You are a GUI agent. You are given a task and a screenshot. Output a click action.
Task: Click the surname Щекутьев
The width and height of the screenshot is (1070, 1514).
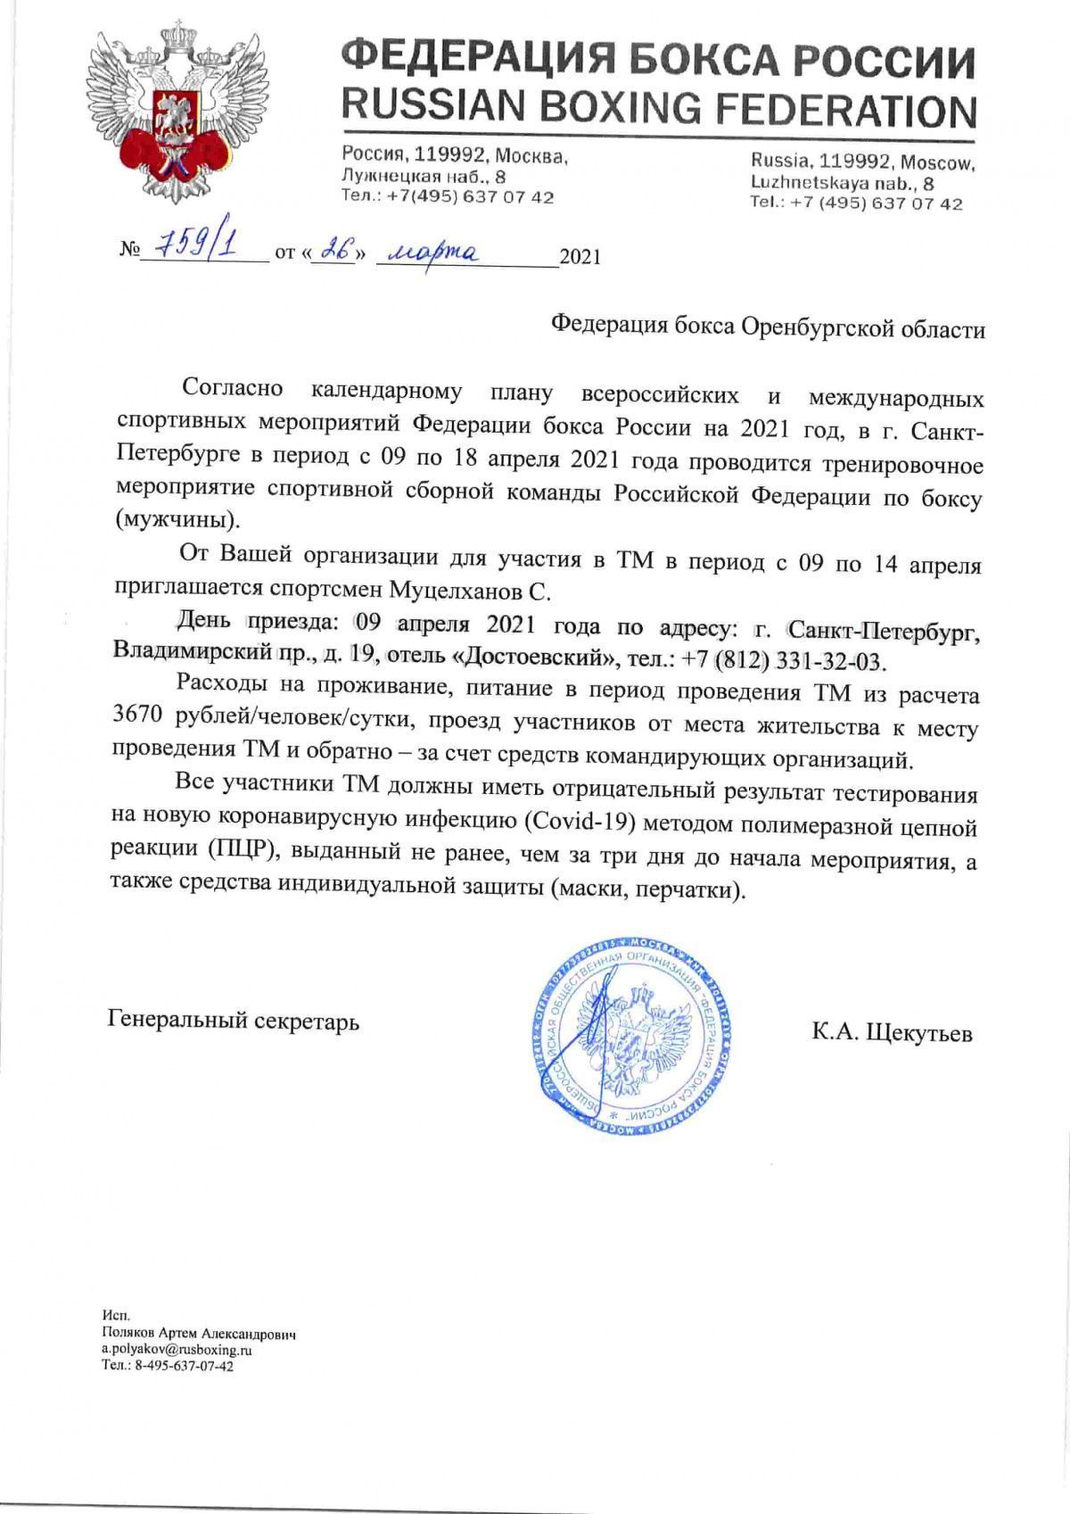coord(919,1033)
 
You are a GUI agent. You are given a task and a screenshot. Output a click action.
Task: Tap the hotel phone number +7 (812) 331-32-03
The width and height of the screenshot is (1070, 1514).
coord(786,661)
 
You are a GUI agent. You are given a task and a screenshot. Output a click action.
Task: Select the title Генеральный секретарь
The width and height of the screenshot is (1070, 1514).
coord(234,1021)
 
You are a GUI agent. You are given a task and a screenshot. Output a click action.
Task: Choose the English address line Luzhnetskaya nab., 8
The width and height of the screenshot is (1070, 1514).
coord(843,183)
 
